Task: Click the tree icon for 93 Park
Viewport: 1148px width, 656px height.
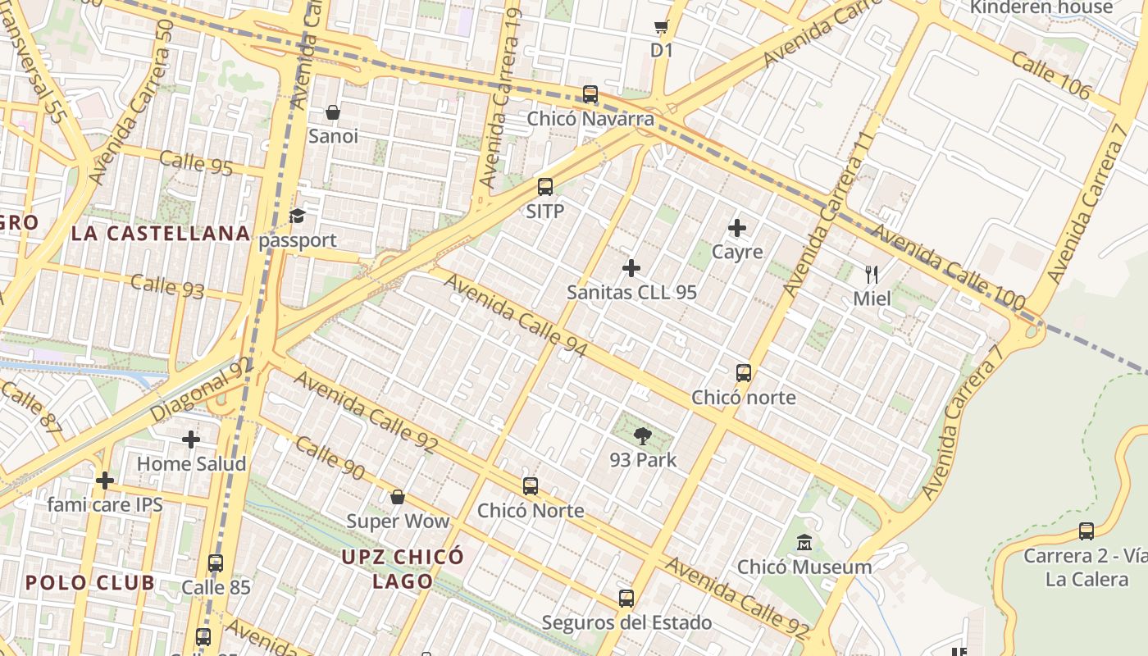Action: [x=643, y=436]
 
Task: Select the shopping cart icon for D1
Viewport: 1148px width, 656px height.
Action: [x=662, y=26]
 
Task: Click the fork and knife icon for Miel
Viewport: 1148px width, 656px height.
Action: [x=872, y=275]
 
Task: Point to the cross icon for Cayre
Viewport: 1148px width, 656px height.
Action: [x=737, y=228]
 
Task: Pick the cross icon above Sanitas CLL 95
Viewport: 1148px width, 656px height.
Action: [x=631, y=268]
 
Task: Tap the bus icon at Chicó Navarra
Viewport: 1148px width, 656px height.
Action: [x=590, y=94]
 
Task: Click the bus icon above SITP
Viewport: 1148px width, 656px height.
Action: [x=545, y=187]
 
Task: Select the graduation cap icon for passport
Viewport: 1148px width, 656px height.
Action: [x=297, y=216]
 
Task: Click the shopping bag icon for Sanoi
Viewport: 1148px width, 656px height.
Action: [x=333, y=112]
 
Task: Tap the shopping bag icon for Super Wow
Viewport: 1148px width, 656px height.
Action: [x=398, y=497]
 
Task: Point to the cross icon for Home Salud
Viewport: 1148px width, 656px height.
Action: [x=191, y=440]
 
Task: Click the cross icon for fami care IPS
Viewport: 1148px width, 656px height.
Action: [x=105, y=481]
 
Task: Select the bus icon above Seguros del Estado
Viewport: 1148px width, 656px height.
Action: [x=626, y=599]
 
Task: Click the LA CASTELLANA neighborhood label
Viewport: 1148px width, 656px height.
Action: [x=161, y=234]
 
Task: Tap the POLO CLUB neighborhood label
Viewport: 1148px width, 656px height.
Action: [x=89, y=583]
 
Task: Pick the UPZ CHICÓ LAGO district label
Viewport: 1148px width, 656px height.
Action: [x=403, y=569]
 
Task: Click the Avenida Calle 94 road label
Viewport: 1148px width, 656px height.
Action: [x=516, y=316]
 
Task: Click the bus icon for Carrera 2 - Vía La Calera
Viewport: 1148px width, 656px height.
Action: [x=1086, y=531]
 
